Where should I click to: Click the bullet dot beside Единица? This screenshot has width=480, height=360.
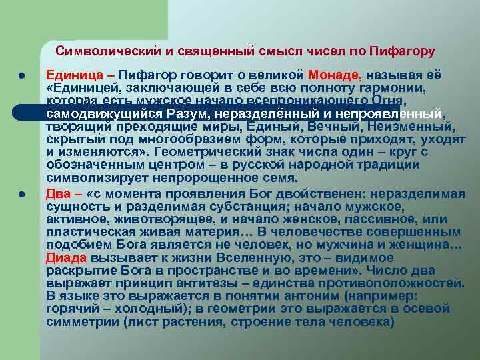pyautogui.click(x=21, y=75)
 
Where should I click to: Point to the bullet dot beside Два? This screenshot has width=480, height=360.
pyautogui.click(x=21, y=194)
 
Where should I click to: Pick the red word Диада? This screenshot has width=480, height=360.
pyautogui.click(x=64, y=258)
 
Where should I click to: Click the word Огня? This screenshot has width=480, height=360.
pyautogui.click(x=410, y=100)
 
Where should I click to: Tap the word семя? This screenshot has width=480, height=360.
pyautogui.click(x=280, y=178)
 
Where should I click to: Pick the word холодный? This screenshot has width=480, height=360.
pyautogui.click(x=143, y=309)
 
